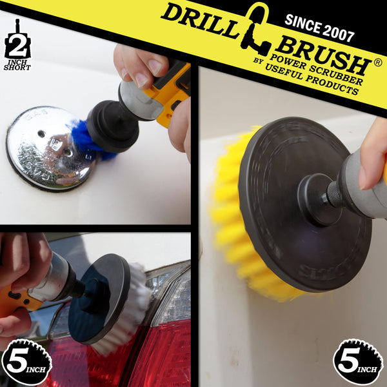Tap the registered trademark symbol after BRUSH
coord(378,63)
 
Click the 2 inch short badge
coord(17,45)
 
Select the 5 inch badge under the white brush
coord(26,362)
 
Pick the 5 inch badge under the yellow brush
coord(358,362)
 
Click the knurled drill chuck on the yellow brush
coord(335,194)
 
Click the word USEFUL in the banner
coord(284,71)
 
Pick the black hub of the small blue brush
coord(112,126)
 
